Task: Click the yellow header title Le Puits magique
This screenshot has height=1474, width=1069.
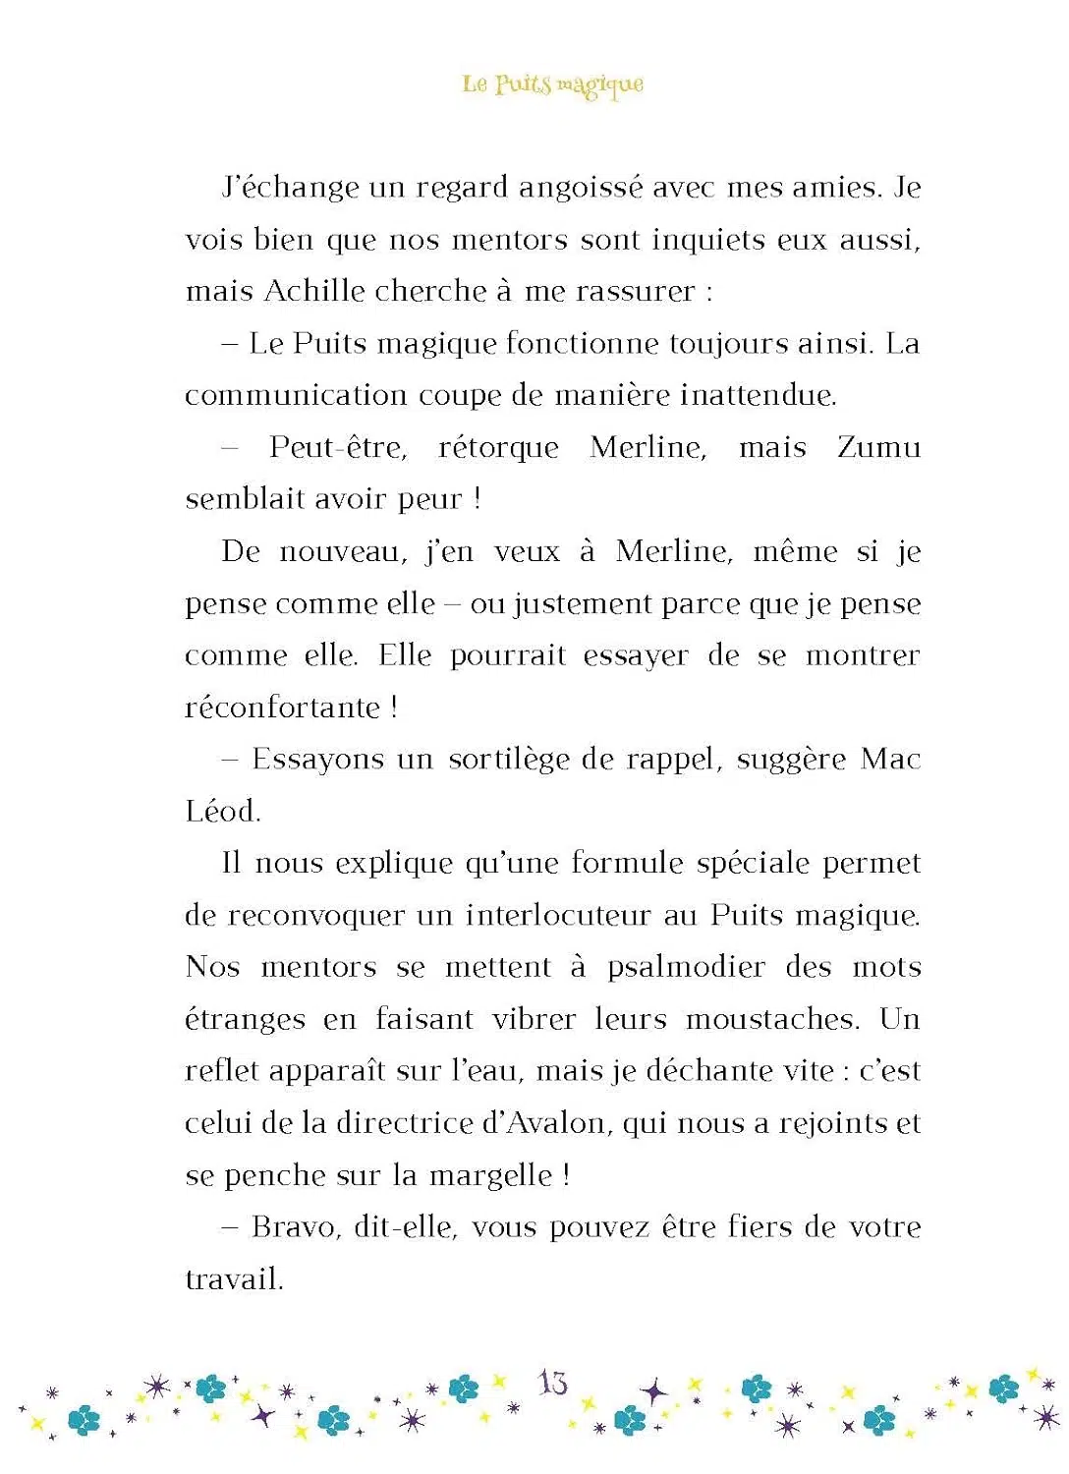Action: click(553, 85)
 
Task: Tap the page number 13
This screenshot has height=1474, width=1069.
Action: click(552, 1383)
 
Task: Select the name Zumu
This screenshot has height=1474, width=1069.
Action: click(878, 447)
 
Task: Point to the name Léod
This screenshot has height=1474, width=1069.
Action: click(221, 812)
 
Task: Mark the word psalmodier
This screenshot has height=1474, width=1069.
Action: click(686, 967)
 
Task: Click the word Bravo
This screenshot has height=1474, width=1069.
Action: click(294, 1227)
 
